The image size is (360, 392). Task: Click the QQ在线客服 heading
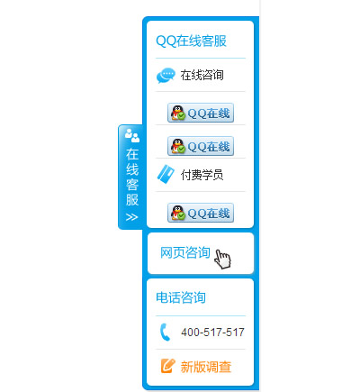pos(191,41)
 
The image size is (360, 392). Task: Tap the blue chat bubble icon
pos(166,76)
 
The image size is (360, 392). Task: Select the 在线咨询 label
pos(202,75)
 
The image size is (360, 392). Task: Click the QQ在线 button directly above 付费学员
pos(201,146)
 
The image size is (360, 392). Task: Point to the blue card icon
pos(166,174)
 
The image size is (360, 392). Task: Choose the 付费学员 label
pos(202,175)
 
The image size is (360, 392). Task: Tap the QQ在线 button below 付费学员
pos(201,213)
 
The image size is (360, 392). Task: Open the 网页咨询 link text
pos(185,252)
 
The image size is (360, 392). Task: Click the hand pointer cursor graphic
pos(222,260)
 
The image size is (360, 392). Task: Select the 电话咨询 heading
pos(181,297)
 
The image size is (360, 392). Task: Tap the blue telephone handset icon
pos(165,332)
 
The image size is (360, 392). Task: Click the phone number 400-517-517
pos(212,333)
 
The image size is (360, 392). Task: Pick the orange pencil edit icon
pos(167,366)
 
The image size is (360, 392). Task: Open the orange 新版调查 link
pos(206,367)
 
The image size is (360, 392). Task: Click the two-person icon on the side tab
pos(132,135)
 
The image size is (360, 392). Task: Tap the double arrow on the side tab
pos(132,217)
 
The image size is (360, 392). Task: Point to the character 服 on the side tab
pos(132,200)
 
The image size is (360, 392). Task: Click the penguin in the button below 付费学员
pos(178,213)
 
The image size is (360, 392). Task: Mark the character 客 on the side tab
pos(132,185)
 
